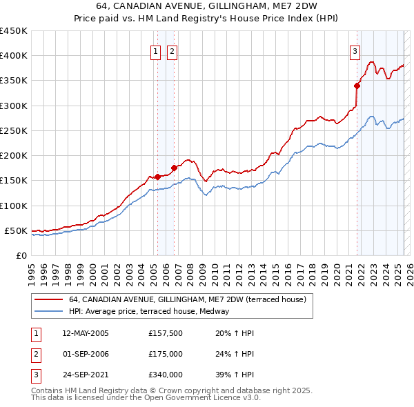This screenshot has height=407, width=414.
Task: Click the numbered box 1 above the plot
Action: [x=155, y=50]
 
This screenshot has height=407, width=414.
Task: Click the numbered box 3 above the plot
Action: [x=355, y=50]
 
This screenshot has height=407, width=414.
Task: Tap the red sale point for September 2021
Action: [x=357, y=86]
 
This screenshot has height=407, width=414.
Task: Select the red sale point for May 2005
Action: [x=157, y=177]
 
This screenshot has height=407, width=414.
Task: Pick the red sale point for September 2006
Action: [x=174, y=168]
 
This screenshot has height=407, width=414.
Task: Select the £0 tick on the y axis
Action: [x=21, y=255]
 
